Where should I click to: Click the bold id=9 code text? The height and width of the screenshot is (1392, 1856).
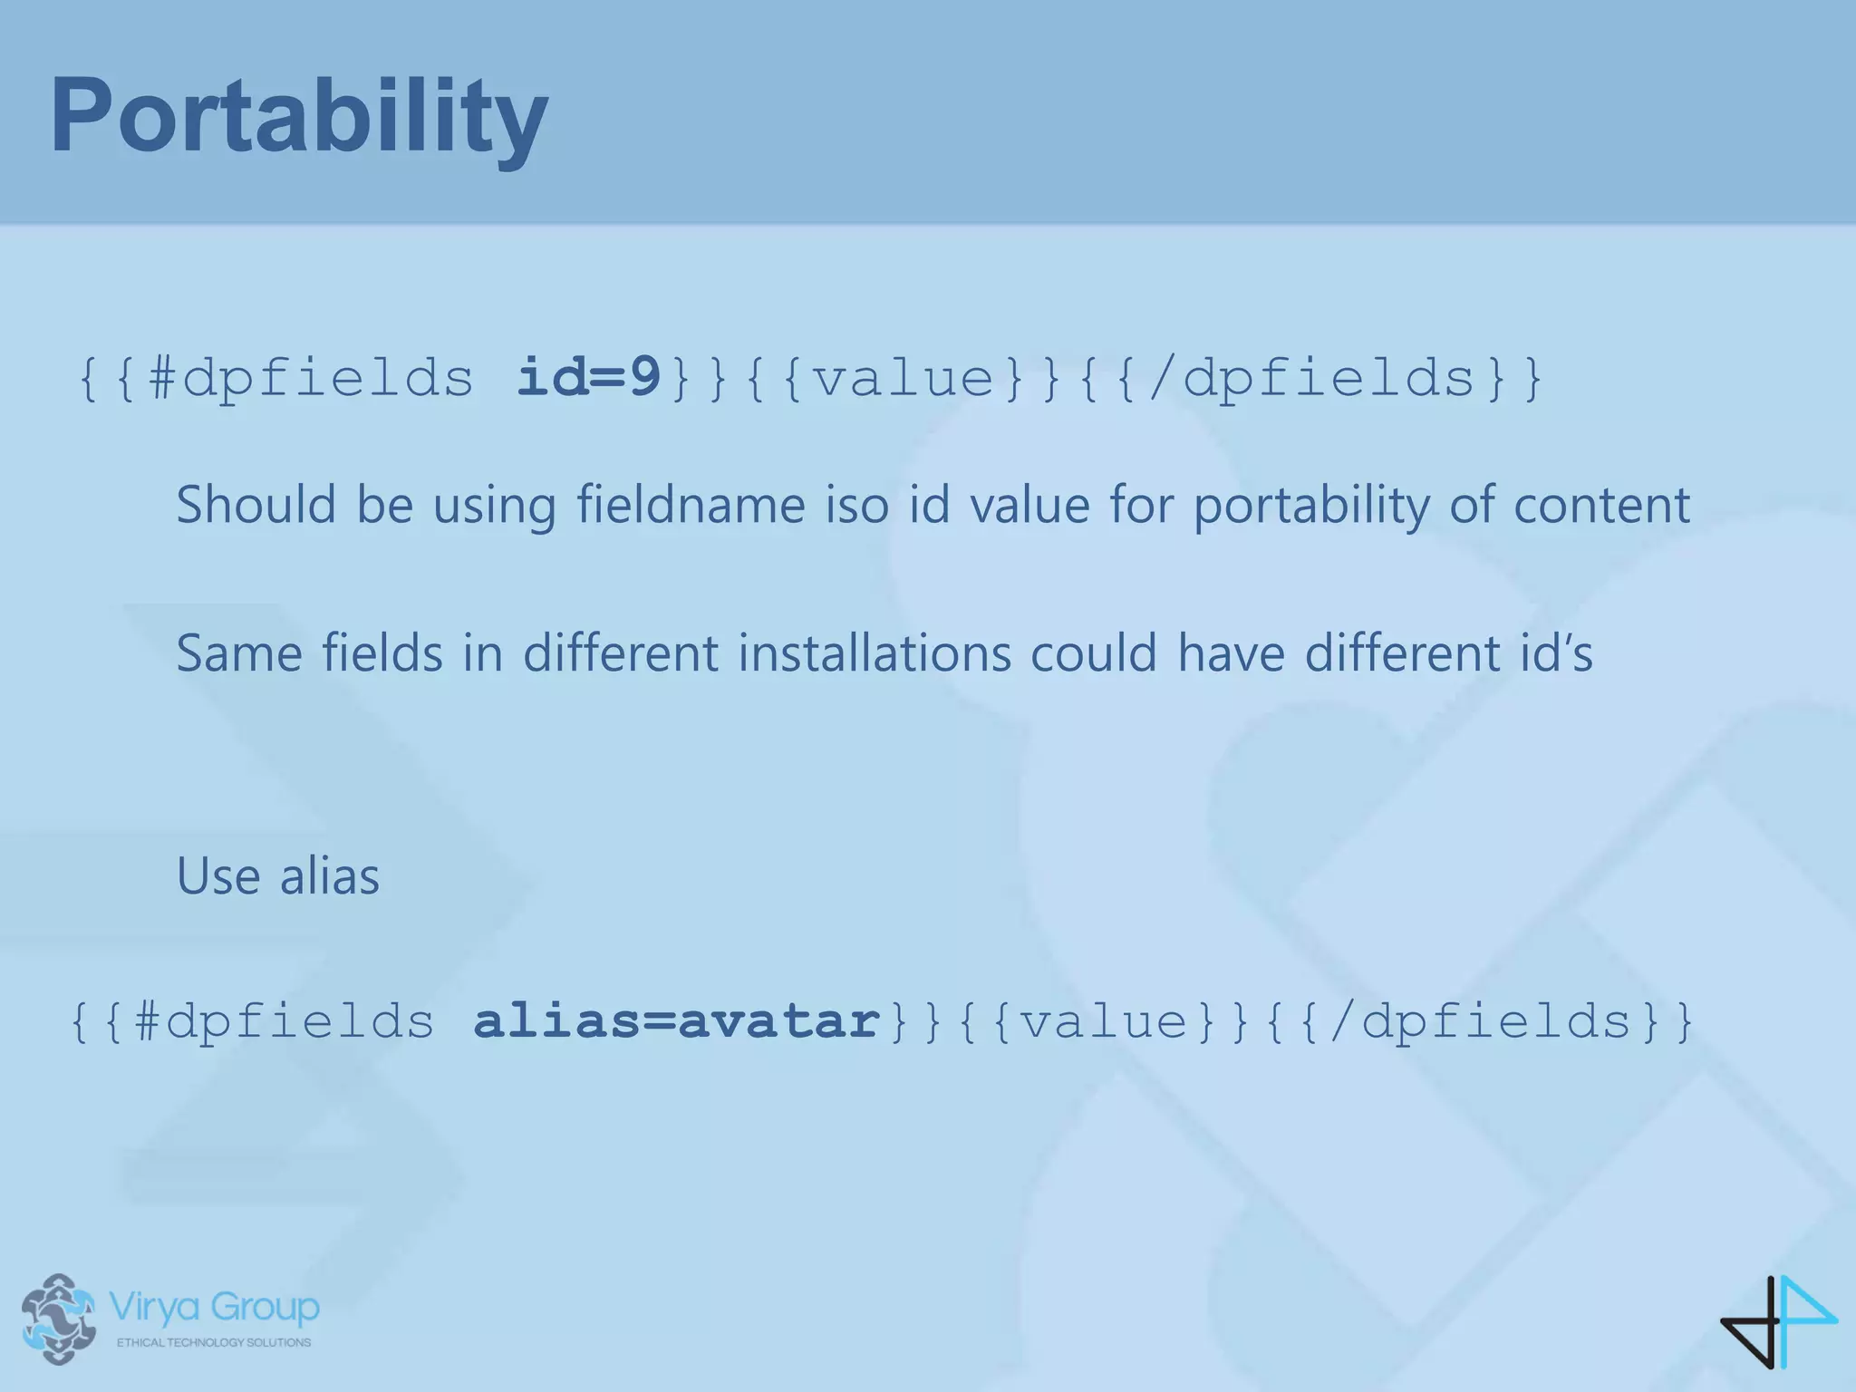pyautogui.click(x=589, y=377)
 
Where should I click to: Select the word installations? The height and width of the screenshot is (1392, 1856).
pyautogui.click(x=874, y=653)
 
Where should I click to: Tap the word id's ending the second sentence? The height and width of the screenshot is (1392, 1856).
pyautogui.click(x=1556, y=653)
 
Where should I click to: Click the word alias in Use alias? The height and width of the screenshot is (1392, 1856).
pyautogui.click(x=329, y=876)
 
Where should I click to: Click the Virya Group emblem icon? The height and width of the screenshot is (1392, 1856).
pyautogui.click(x=59, y=1319)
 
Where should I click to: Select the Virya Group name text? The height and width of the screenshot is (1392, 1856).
pyautogui.click(x=214, y=1307)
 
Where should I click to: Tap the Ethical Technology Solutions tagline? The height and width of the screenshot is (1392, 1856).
pyautogui.click(x=214, y=1342)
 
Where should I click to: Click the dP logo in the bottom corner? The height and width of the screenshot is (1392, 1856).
pyautogui.click(x=1778, y=1320)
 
